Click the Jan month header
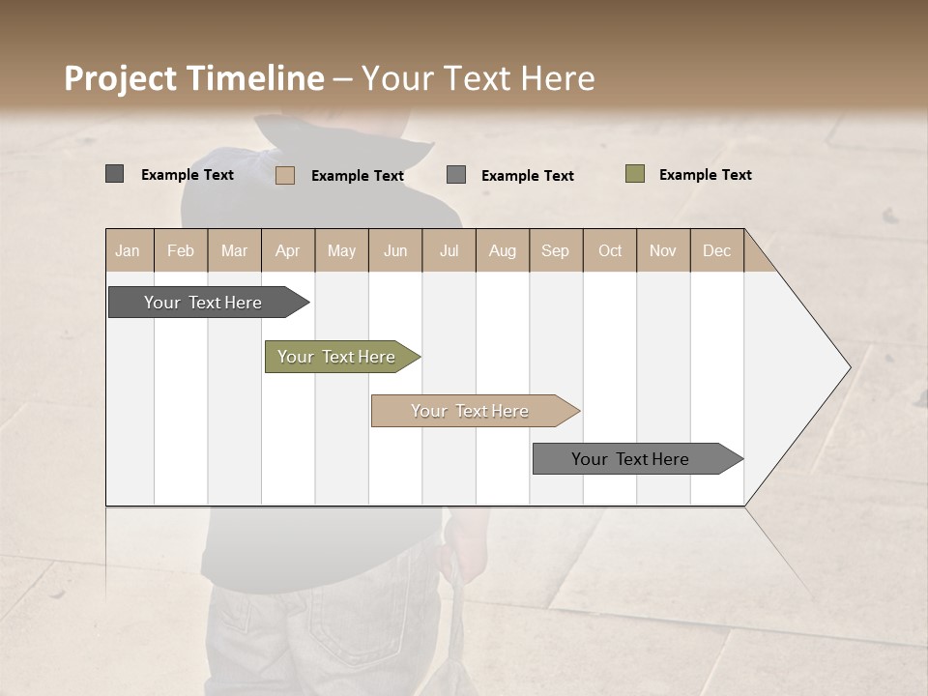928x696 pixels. [129, 250]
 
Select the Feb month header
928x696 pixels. [181, 250]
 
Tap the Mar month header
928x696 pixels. [234, 250]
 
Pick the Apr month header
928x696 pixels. [288, 250]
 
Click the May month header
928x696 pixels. [341, 250]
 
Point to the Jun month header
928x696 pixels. [395, 250]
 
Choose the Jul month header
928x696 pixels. [449, 250]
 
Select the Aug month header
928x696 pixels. [503, 250]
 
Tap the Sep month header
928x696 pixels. [556, 250]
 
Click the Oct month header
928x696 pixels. [610, 250]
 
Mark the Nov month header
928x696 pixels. [663, 250]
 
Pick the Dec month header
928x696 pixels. [717, 250]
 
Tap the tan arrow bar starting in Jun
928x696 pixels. [471, 411]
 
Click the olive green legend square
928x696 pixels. [635, 174]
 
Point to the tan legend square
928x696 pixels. [285, 175]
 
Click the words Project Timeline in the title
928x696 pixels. [194, 78]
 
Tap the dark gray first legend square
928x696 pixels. [115, 174]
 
